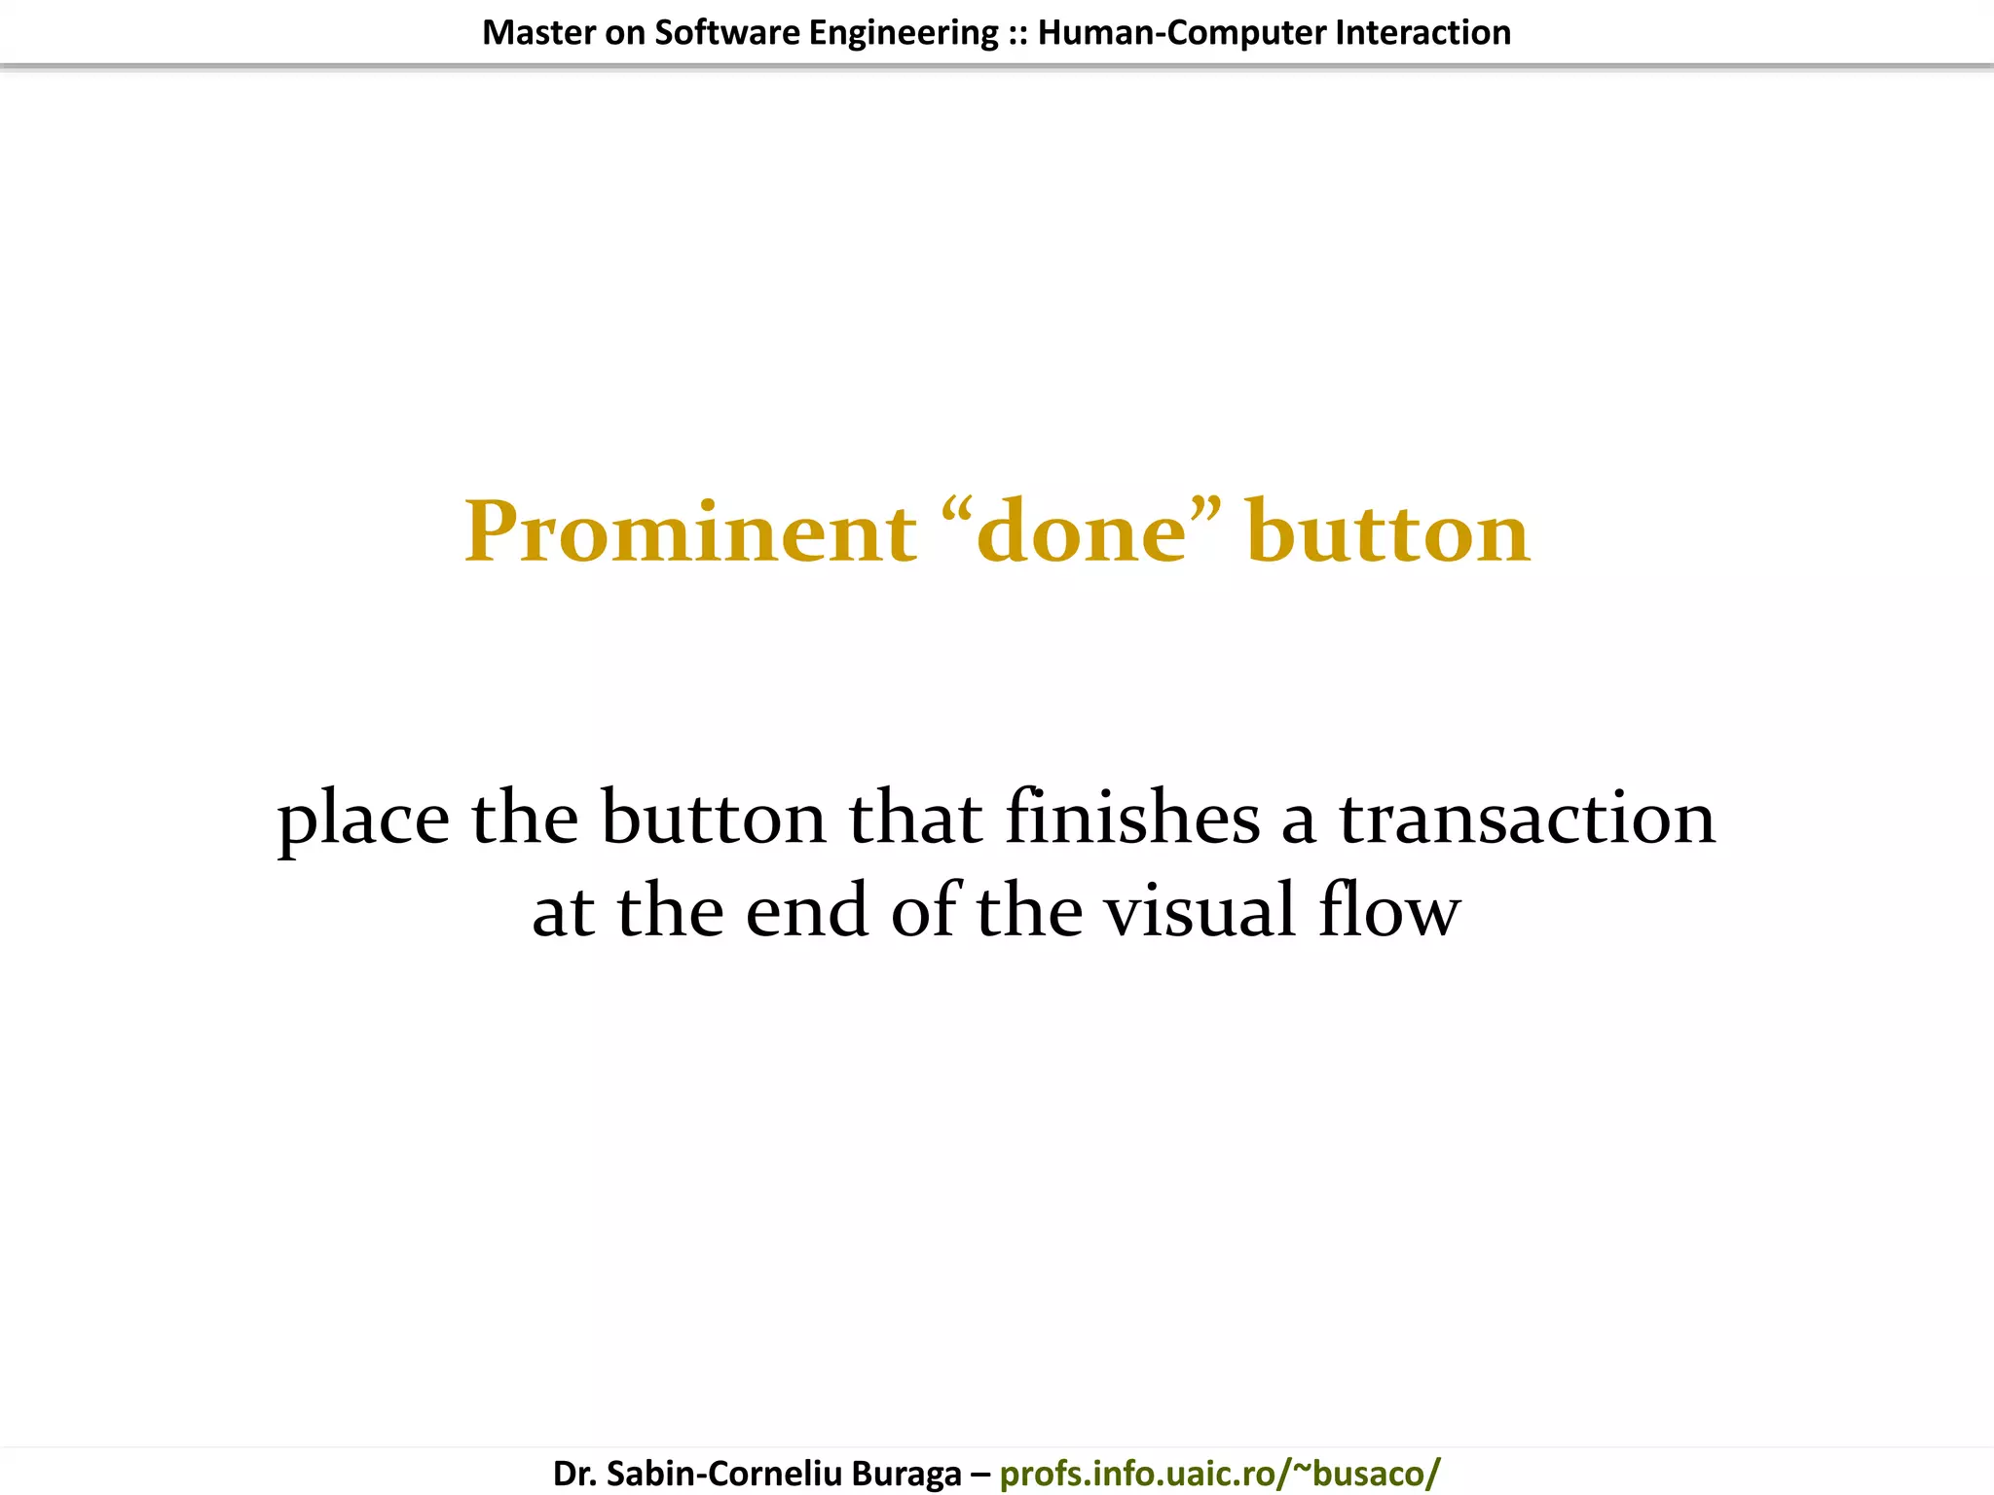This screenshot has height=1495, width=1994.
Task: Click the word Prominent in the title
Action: pyautogui.click(x=689, y=532)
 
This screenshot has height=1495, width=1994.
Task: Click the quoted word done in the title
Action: pyautogui.click(x=1082, y=532)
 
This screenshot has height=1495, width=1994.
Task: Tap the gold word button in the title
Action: pyautogui.click(x=1387, y=532)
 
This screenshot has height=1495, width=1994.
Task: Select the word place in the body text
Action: pyautogui.click(x=363, y=819)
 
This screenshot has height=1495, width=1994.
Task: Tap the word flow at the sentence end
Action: pyautogui.click(x=1389, y=910)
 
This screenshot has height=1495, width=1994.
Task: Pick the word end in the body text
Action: pyautogui.click(x=806, y=910)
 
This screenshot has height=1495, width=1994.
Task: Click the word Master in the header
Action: pyautogui.click(x=538, y=33)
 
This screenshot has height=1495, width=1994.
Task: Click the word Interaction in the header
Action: pyautogui.click(x=1422, y=33)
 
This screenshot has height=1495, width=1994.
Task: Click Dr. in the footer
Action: pyautogui.click(x=574, y=1474)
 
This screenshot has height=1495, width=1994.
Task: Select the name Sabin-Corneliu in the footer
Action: pyautogui.click(x=723, y=1474)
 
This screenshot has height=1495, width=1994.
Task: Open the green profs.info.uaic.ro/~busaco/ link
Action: pyautogui.click(x=1219, y=1474)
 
